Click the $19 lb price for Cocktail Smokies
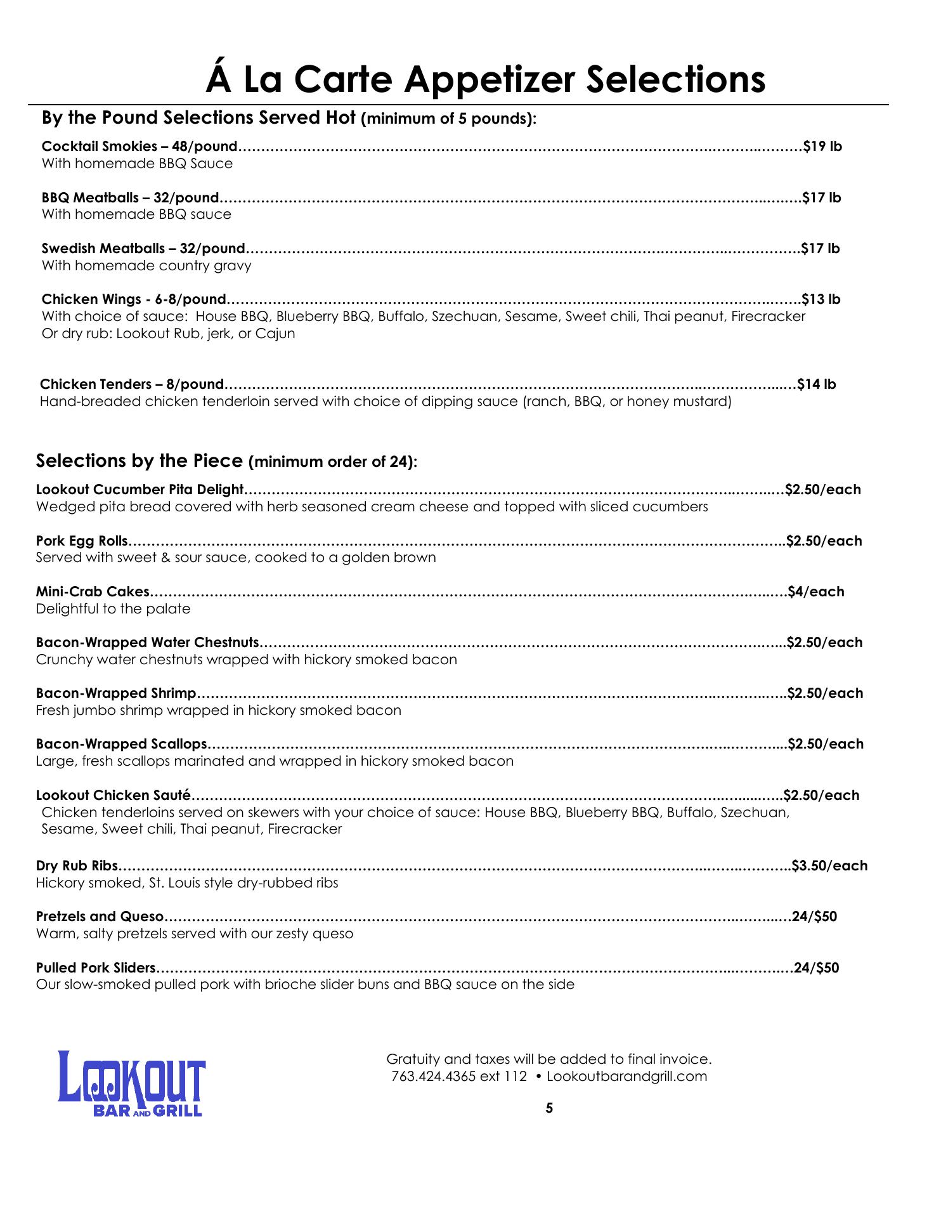(x=822, y=147)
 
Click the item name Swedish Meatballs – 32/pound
(x=143, y=248)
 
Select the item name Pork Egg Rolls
(x=82, y=541)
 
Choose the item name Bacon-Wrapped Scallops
(x=122, y=744)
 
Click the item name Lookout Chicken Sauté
(x=114, y=796)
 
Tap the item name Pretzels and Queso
(x=100, y=917)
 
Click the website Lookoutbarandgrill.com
(x=626, y=1076)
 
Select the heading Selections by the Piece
(x=140, y=461)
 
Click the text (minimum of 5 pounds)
(x=448, y=119)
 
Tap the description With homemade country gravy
(x=146, y=265)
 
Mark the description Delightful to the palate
(x=113, y=609)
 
